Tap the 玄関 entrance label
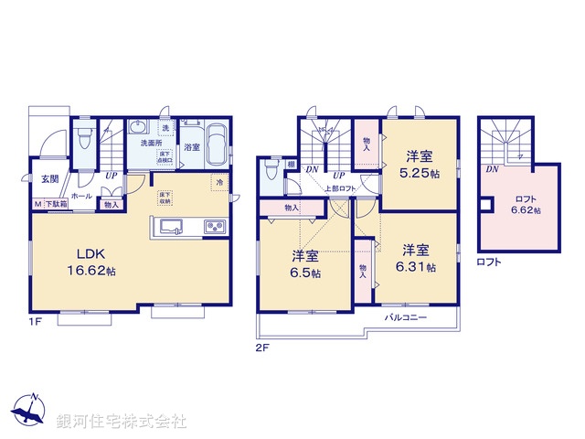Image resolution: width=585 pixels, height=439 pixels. [47, 180]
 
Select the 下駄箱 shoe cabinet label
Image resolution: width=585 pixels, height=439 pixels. [58, 204]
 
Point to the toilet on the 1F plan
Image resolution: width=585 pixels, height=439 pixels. [83, 140]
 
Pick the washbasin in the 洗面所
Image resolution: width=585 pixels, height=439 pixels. [142, 128]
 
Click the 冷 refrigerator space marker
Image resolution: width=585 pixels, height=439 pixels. [219, 182]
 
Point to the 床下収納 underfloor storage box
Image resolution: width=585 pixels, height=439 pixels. [165, 197]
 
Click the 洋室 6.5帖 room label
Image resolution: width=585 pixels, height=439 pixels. [305, 263]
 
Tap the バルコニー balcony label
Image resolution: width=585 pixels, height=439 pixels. [403, 316]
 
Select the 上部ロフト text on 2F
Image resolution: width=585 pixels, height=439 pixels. [340, 188]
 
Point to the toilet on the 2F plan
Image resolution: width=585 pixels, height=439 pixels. [271, 173]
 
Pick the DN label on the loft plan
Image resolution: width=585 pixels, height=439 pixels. [492, 169]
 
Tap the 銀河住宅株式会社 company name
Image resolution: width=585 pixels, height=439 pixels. [122, 421]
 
